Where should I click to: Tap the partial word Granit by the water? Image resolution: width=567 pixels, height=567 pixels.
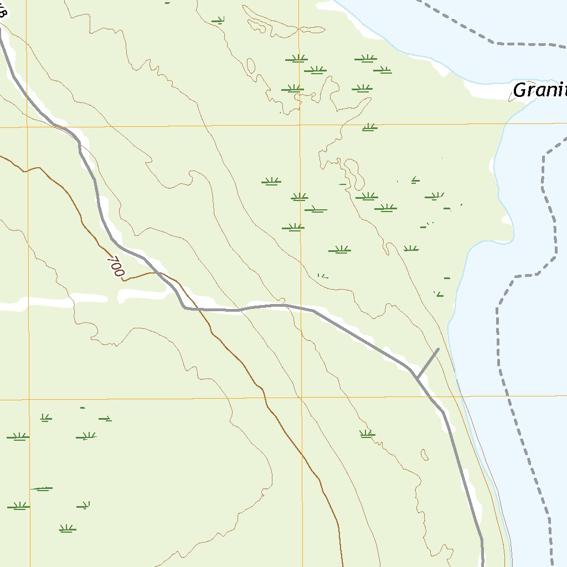pos(539,90)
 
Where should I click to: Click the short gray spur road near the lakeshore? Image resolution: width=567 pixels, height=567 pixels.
pos(428,363)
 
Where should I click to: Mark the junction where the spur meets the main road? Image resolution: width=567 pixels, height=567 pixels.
pos(417,378)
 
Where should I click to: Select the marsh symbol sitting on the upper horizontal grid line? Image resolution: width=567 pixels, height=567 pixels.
pos(369,127)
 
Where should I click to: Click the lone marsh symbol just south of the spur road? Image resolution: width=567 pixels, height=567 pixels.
pos(366,434)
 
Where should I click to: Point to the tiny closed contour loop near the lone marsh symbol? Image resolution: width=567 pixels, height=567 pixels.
pos(425,455)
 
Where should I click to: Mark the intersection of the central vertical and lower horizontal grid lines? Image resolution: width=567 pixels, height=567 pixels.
pos(301,398)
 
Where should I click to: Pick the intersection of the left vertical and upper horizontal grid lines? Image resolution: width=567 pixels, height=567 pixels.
pos(27,127)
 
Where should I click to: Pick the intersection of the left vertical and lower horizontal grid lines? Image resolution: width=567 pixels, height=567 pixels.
pos(28,399)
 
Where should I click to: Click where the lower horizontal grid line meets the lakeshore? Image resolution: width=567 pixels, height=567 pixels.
pos(460,396)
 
